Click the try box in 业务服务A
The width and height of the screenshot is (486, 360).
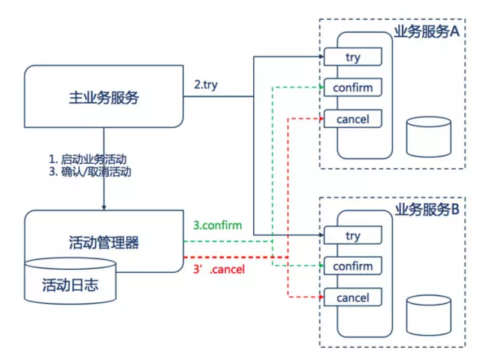(353, 57)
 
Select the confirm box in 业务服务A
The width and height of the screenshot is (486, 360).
(353, 87)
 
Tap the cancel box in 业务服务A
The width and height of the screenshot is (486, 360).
(353, 119)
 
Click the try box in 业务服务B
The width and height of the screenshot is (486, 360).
(353, 235)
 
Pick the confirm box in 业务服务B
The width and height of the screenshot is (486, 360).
(353, 266)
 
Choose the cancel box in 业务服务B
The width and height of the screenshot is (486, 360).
(353, 298)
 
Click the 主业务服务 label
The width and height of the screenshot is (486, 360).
(104, 98)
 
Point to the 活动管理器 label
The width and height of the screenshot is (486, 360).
(104, 243)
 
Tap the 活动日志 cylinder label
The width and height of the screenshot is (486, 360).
(71, 285)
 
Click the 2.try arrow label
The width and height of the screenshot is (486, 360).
(206, 85)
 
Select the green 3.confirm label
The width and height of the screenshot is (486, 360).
(218, 225)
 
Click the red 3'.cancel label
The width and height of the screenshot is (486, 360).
(219, 269)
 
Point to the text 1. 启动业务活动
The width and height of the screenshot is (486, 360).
(88, 159)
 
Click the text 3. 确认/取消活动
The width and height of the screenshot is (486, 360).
(90, 171)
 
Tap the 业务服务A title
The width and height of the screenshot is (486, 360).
(427, 32)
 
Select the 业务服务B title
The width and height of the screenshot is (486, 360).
(427, 210)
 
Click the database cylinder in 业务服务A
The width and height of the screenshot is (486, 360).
(429, 137)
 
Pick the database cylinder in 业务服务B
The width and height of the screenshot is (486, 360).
(429, 315)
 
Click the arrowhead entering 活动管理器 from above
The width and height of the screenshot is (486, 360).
(104, 207)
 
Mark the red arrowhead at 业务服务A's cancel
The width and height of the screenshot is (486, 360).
(321, 119)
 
